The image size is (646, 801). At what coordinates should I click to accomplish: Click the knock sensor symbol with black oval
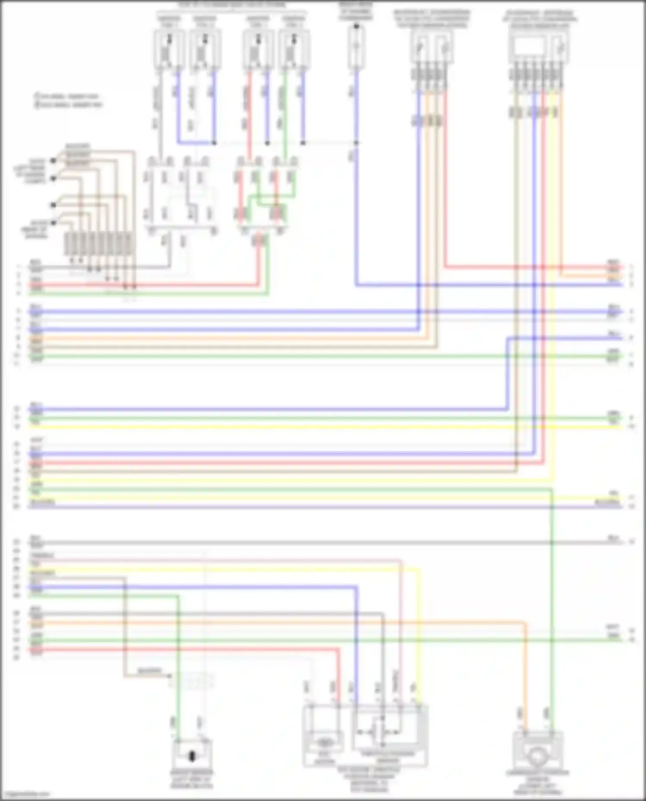point(192,756)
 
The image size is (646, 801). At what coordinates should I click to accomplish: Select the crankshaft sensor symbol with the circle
point(537,756)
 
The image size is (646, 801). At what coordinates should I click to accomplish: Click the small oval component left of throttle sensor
point(324,743)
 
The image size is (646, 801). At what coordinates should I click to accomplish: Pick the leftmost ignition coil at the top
point(168,49)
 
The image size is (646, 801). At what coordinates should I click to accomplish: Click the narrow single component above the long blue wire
point(356,47)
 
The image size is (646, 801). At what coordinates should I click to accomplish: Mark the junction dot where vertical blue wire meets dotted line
point(356,142)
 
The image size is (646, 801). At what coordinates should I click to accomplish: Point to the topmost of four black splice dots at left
point(53,161)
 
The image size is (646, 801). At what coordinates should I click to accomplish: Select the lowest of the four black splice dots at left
point(53,223)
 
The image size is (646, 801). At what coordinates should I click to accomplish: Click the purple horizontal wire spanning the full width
point(323,507)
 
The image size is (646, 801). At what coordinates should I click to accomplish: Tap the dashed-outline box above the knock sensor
point(192,681)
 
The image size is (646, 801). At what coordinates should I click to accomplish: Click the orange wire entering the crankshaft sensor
point(525,689)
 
